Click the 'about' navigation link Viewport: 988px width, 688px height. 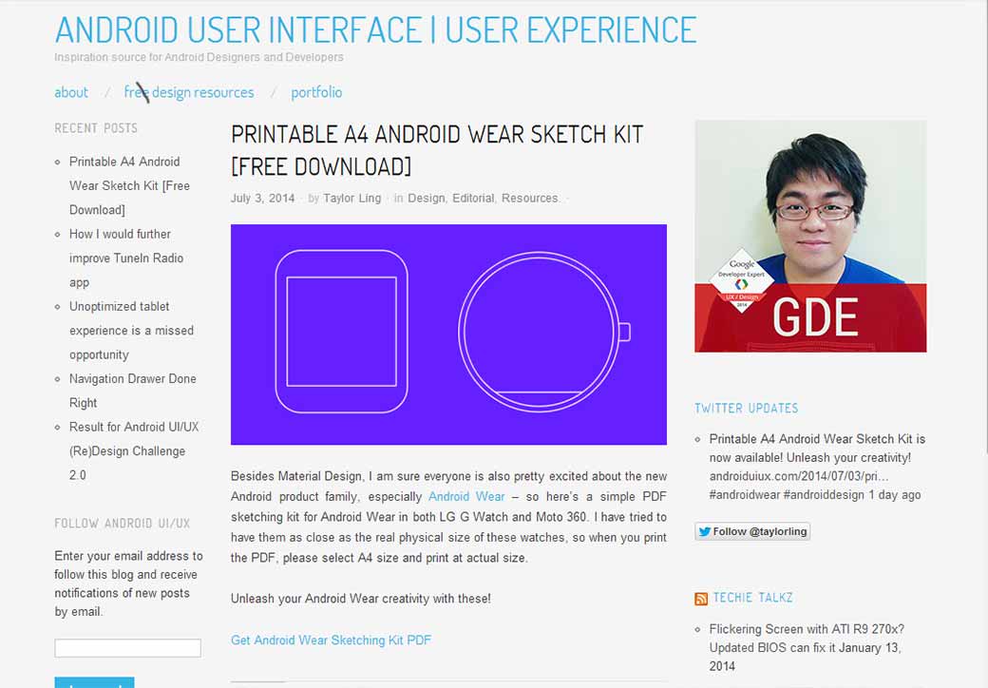[x=71, y=92]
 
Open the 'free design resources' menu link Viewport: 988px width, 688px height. [x=189, y=92]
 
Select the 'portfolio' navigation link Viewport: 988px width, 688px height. [x=316, y=92]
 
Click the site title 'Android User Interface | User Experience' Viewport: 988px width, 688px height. [x=375, y=29]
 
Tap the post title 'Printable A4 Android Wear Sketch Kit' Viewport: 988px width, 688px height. [x=437, y=150]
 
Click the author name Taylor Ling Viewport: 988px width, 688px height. [x=351, y=199]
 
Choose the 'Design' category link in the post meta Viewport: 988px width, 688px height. [x=426, y=199]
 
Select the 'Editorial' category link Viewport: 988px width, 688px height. [x=473, y=199]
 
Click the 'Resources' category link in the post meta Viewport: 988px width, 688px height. [x=529, y=199]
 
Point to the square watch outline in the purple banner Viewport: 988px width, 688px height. [x=341, y=332]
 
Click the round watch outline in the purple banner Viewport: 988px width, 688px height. [x=539, y=332]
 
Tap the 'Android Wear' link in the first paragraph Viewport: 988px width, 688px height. [x=466, y=497]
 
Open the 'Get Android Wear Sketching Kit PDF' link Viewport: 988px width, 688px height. [x=331, y=640]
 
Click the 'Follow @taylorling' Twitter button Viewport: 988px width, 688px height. [x=752, y=532]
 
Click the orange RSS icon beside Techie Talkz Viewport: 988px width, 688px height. [x=701, y=599]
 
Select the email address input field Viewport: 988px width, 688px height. [x=127, y=648]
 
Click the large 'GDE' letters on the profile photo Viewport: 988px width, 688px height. [x=815, y=318]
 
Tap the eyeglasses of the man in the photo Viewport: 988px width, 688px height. [x=814, y=211]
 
